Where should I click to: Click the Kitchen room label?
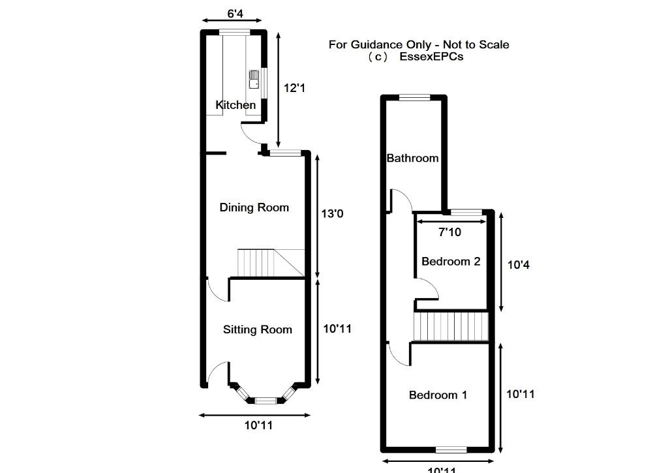coord(235,105)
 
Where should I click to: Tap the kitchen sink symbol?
coord(254,80)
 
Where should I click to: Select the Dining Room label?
coord(254,207)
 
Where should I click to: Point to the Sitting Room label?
coord(257,329)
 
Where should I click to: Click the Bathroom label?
coord(412,158)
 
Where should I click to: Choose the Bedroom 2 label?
coord(451,262)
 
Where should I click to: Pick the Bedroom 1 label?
coord(438,395)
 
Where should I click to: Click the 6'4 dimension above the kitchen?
coord(235,12)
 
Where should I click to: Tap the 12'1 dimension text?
coord(294,87)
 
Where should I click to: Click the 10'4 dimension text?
coord(519,265)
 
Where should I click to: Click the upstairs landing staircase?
coord(451,326)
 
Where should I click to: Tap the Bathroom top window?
coord(414,98)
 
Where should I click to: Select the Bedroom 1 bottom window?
coord(451,450)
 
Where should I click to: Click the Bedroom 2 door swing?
coord(427,289)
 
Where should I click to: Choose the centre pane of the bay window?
coord(265,400)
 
